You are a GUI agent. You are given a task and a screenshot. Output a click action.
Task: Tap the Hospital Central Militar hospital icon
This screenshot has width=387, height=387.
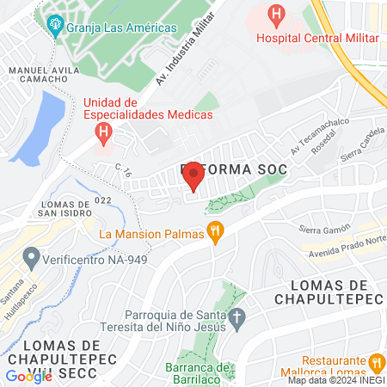click(x=275, y=15)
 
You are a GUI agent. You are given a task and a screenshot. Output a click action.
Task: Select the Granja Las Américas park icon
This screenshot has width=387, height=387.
click(x=57, y=24)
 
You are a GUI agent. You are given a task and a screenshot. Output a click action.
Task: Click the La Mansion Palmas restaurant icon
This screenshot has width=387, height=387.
click(x=216, y=233)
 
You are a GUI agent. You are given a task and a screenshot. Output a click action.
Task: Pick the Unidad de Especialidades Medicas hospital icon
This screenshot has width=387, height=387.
click(x=103, y=132)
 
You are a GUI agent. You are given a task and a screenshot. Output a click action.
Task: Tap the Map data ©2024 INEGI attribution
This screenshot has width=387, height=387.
click(x=335, y=380)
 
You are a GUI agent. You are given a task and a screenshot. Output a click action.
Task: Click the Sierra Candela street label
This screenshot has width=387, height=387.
click(x=362, y=151)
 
